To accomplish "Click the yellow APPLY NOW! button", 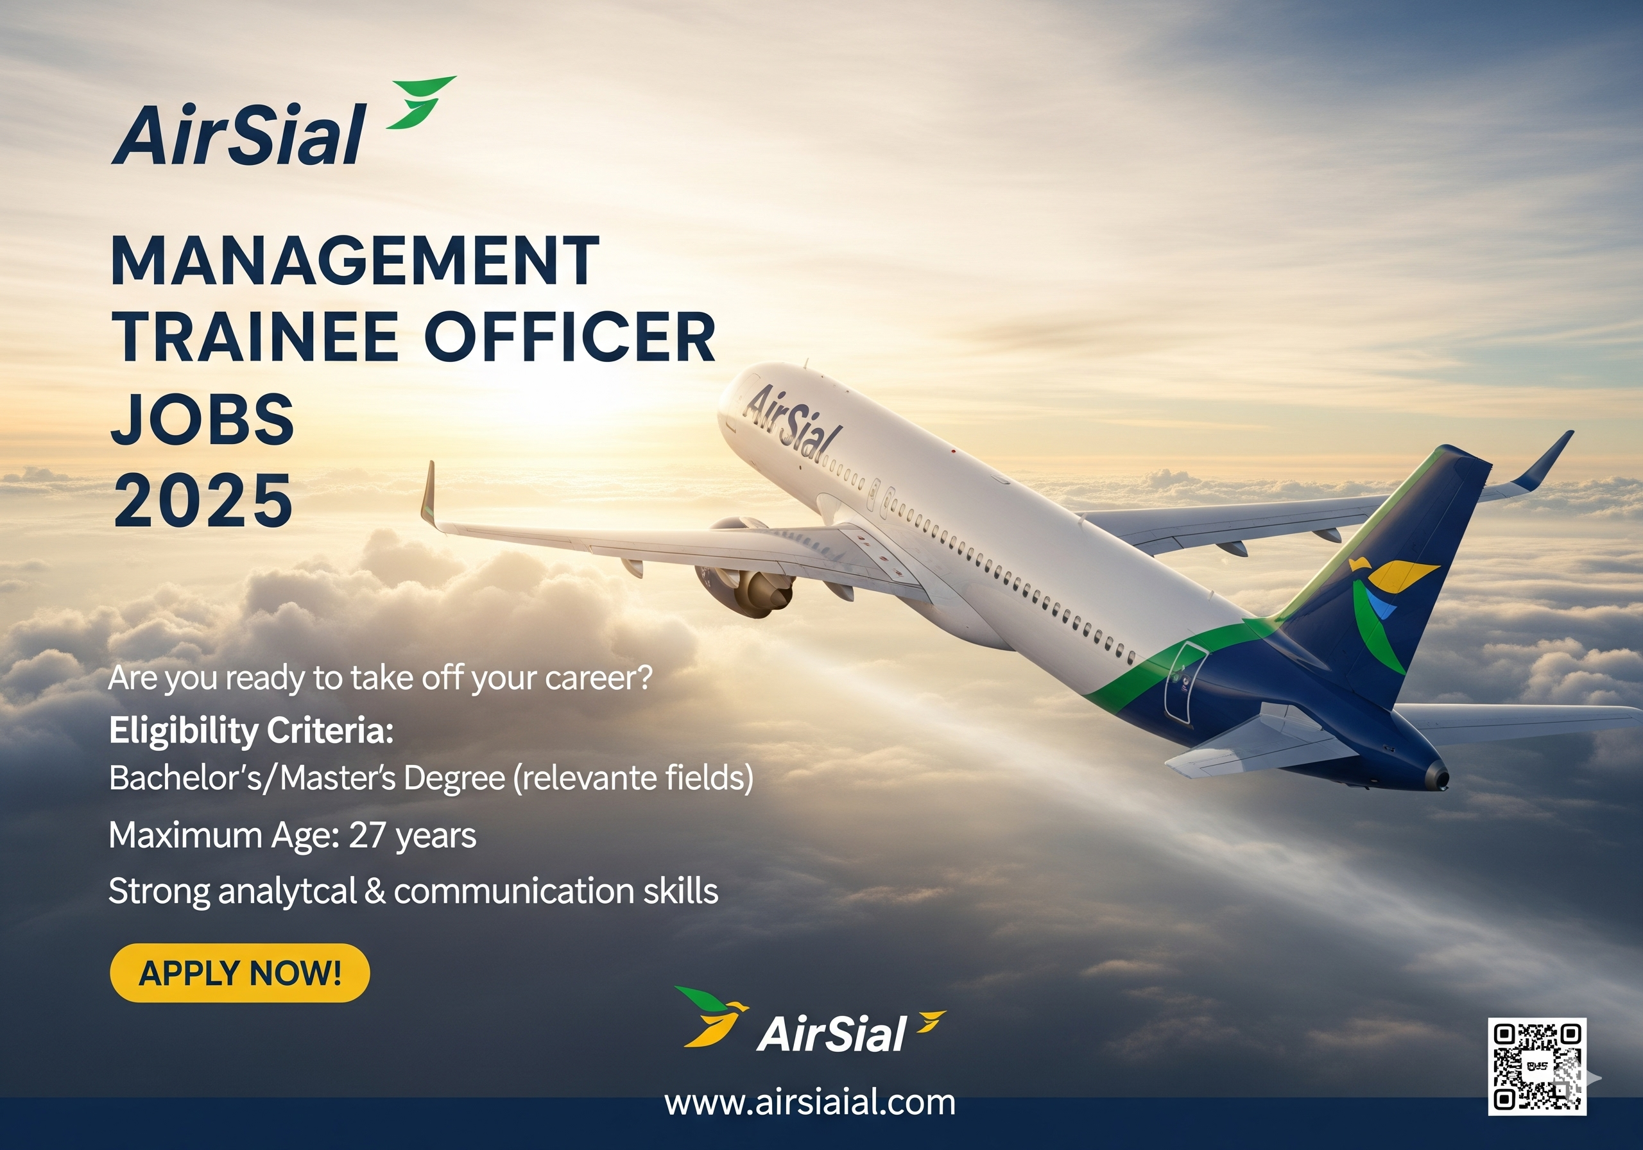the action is (240, 972).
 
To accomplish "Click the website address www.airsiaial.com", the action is (809, 1103).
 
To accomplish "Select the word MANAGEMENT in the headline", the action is (355, 261).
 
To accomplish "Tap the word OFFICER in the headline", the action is (571, 337).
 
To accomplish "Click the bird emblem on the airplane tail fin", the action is (1384, 608).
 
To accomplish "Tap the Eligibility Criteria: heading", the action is (251, 732).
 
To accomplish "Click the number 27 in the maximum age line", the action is (367, 835).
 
